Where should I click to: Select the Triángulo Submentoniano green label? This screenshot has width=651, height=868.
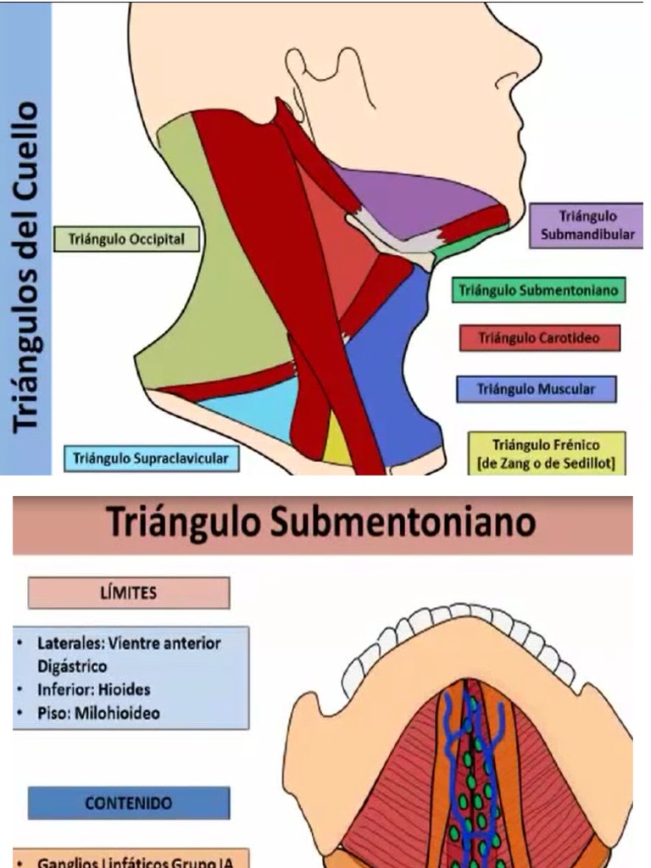click(538, 291)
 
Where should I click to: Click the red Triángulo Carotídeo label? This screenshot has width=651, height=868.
click(539, 338)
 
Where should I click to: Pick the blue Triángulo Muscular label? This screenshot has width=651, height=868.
click(536, 389)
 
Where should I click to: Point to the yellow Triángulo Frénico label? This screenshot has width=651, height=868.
click(546, 454)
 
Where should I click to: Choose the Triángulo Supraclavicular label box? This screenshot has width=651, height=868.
click(151, 459)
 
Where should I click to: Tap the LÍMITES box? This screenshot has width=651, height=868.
click(129, 593)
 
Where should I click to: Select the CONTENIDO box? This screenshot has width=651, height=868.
click(129, 803)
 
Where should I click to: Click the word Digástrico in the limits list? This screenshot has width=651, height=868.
click(73, 666)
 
